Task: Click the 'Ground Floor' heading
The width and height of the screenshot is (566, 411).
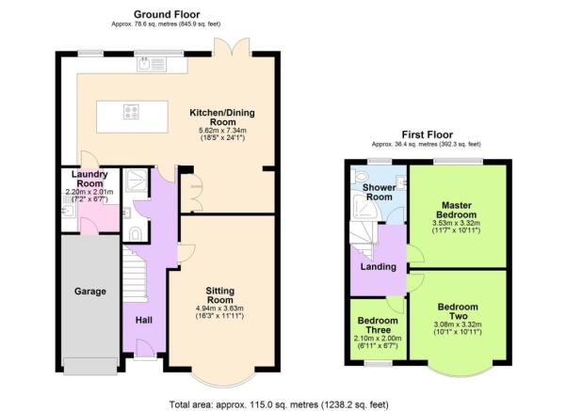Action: [x=167, y=14]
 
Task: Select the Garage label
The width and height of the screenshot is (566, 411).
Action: [x=90, y=292]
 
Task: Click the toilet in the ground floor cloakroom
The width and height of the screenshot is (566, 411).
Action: [x=137, y=231]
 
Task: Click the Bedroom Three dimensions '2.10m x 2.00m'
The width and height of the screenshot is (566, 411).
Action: [x=377, y=338]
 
